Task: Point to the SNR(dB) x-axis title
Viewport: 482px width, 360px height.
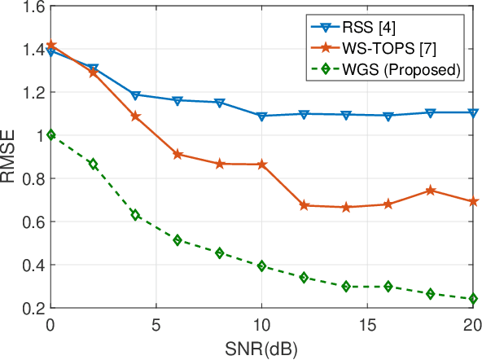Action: tap(261, 349)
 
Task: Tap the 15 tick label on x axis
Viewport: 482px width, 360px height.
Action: tap(367, 324)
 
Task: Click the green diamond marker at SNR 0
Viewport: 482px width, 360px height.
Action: tap(51, 135)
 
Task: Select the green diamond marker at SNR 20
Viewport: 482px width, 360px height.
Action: tap(472, 299)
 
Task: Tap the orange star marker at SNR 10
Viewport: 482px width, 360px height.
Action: tap(261, 165)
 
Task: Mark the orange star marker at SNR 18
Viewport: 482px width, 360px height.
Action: tap(430, 191)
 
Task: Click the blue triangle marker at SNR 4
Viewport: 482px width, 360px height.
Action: tap(135, 95)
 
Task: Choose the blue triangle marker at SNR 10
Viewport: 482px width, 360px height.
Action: tap(261, 116)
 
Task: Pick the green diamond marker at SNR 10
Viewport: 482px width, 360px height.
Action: tap(261, 266)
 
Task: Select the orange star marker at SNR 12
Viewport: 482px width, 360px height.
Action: tap(304, 205)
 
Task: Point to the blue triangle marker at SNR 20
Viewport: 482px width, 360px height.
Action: tap(472, 112)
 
